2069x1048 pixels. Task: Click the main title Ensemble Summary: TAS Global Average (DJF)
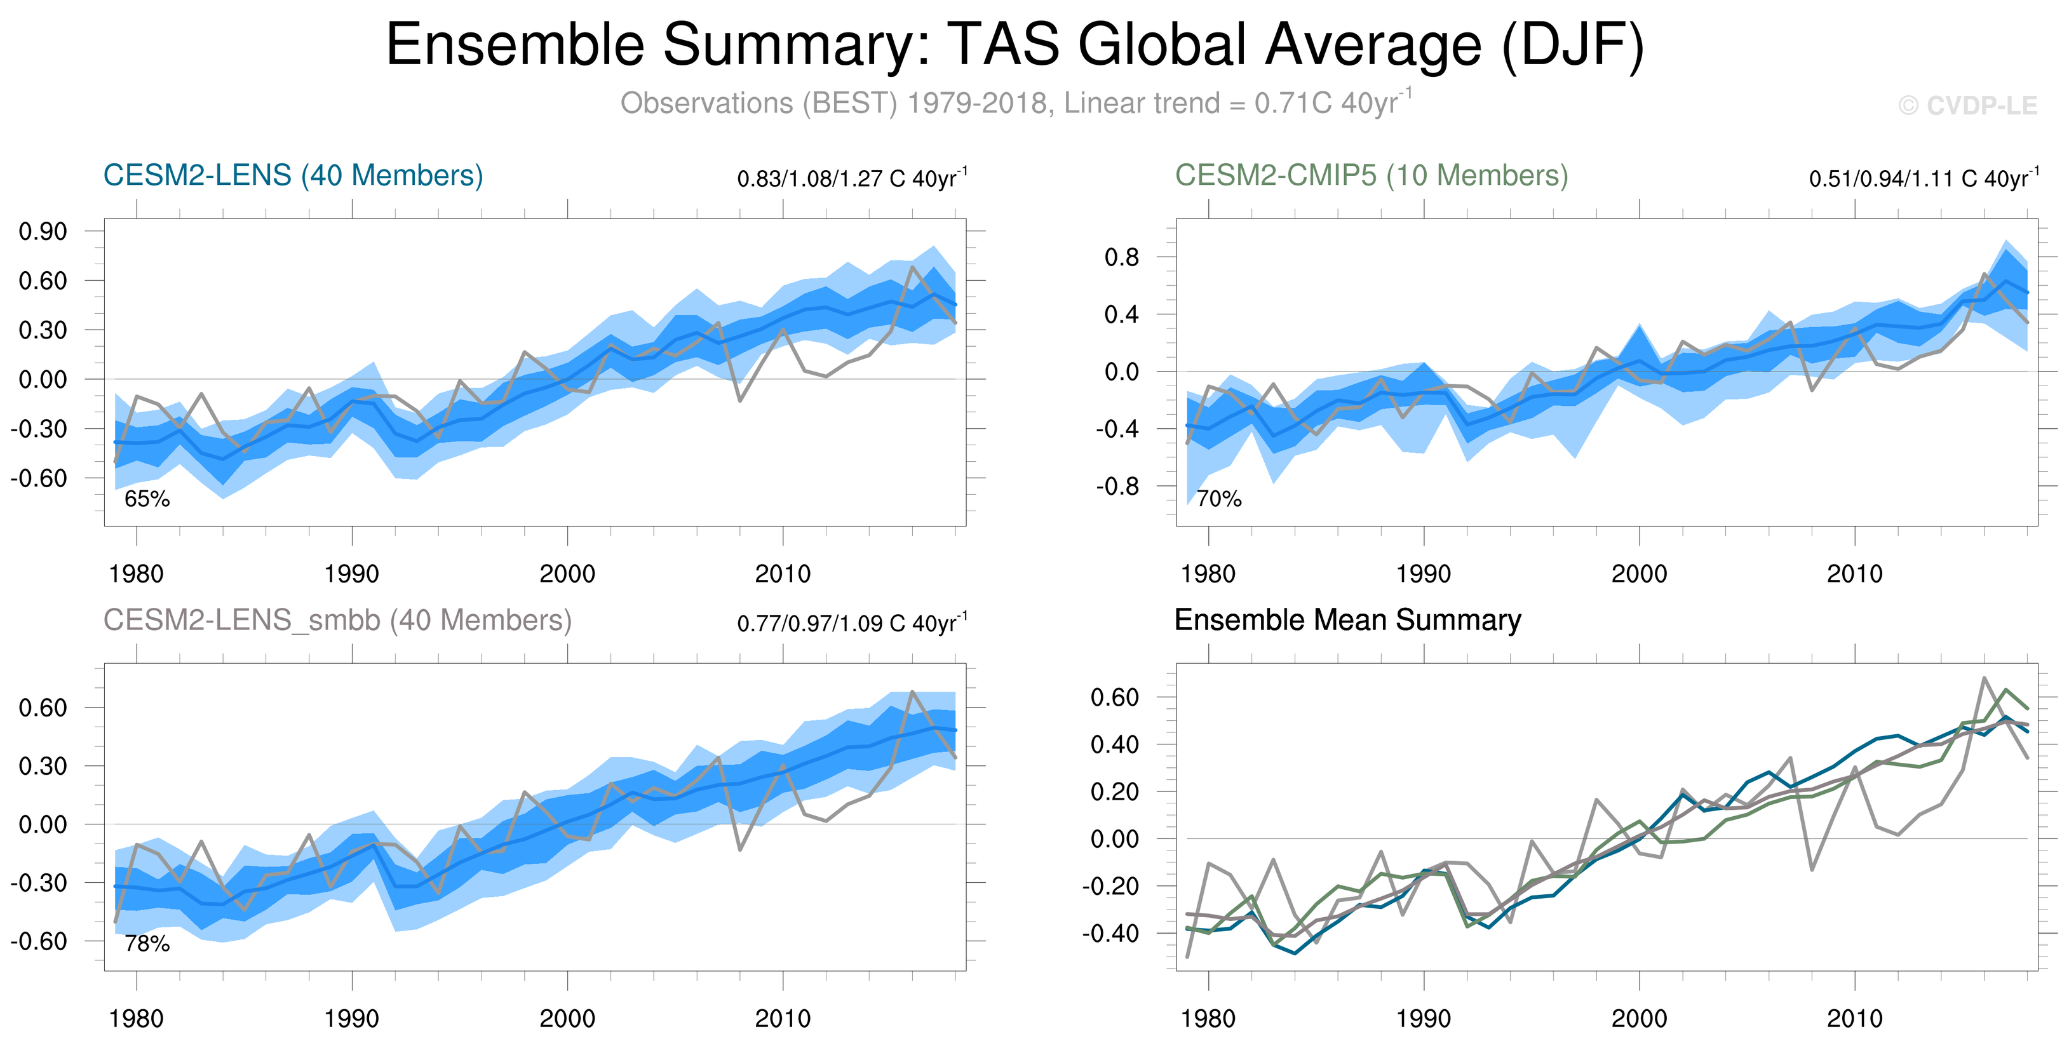[x=1015, y=45]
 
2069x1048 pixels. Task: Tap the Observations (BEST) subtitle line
[x=1015, y=104]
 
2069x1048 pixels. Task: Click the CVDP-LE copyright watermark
[x=1968, y=105]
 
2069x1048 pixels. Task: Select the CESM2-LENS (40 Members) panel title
[x=293, y=175]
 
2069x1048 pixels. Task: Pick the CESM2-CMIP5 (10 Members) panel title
[x=1371, y=175]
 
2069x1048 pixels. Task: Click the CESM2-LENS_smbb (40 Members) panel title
[x=337, y=620]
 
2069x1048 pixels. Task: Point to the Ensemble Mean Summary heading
[x=1347, y=620]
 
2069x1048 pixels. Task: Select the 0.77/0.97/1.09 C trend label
[x=851, y=623]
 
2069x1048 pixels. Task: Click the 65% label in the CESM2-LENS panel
[x=147, y=499]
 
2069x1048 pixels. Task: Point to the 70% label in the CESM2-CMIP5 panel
[x=1218, y=499]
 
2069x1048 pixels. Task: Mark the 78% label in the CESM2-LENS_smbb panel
[x=147, y=944]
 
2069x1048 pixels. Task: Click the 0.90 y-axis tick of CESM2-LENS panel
[x=43, y=231]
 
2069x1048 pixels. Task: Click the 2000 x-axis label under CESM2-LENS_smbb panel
[x=567, y=1018]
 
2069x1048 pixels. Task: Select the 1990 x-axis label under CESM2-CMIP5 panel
[x=1423, y=574]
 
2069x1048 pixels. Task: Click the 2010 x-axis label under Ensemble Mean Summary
[x=1854, y=1018]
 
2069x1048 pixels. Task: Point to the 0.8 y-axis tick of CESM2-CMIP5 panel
[x=1121, y=257]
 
